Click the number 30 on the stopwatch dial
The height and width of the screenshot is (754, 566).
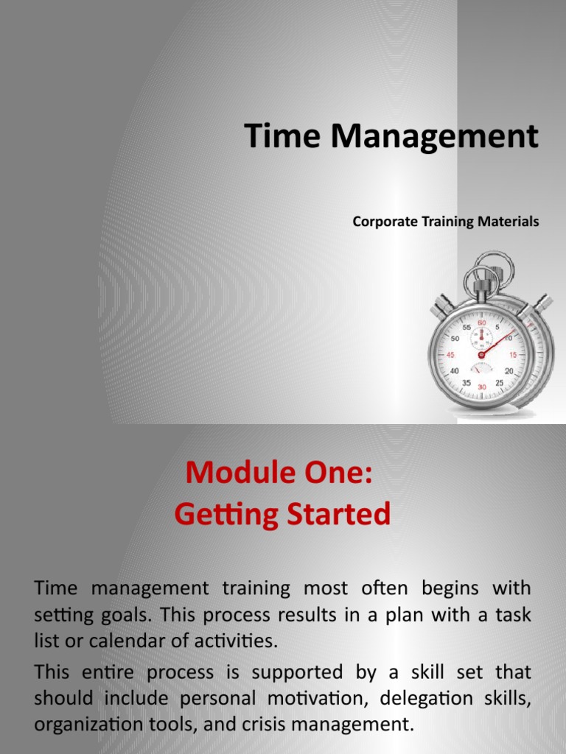pyautogui.click(x=482, y=387)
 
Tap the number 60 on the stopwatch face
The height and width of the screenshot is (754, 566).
pyautogui.click(x=483, y=323)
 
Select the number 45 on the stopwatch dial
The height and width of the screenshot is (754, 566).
pyautogui.click(x=451, y=354)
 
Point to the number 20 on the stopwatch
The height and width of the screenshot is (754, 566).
pyautogui.click(x=509, y=371)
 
